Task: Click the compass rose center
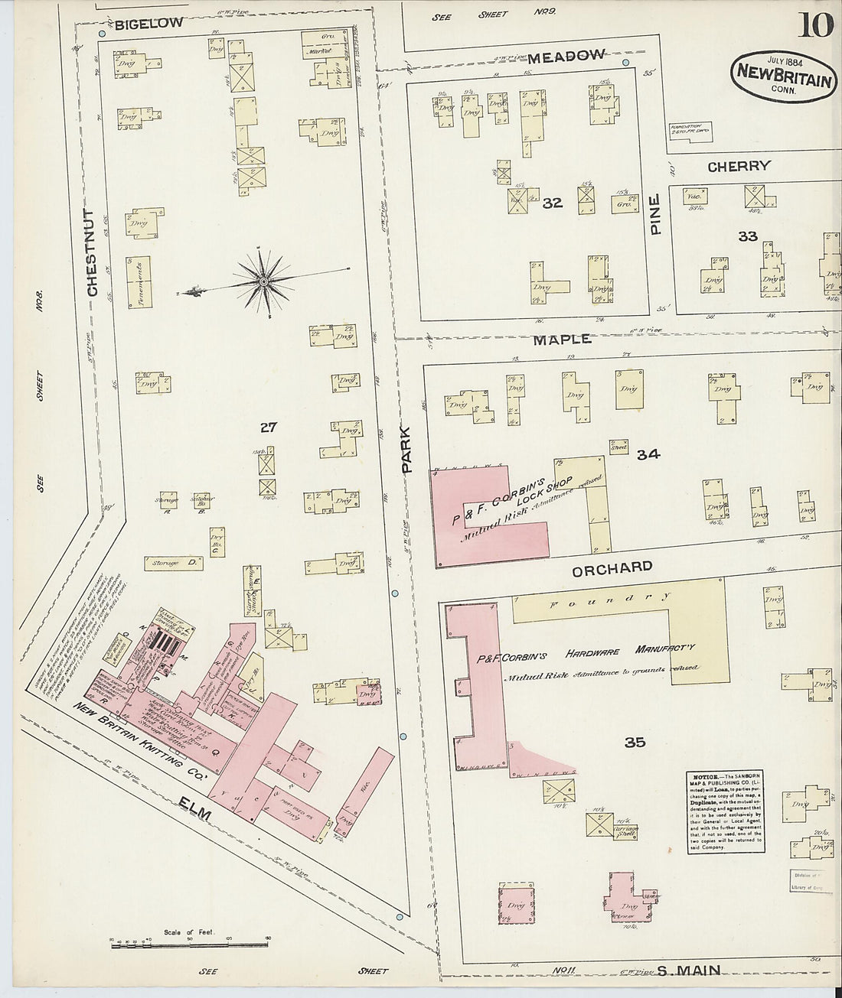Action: coord(263,281)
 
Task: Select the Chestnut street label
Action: coord(91,253)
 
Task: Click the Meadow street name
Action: coord(565,55)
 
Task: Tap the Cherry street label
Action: coord(738,166)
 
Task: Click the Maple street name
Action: coord(562,338)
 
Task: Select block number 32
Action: coord(552,203)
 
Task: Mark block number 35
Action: coord(635,742)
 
